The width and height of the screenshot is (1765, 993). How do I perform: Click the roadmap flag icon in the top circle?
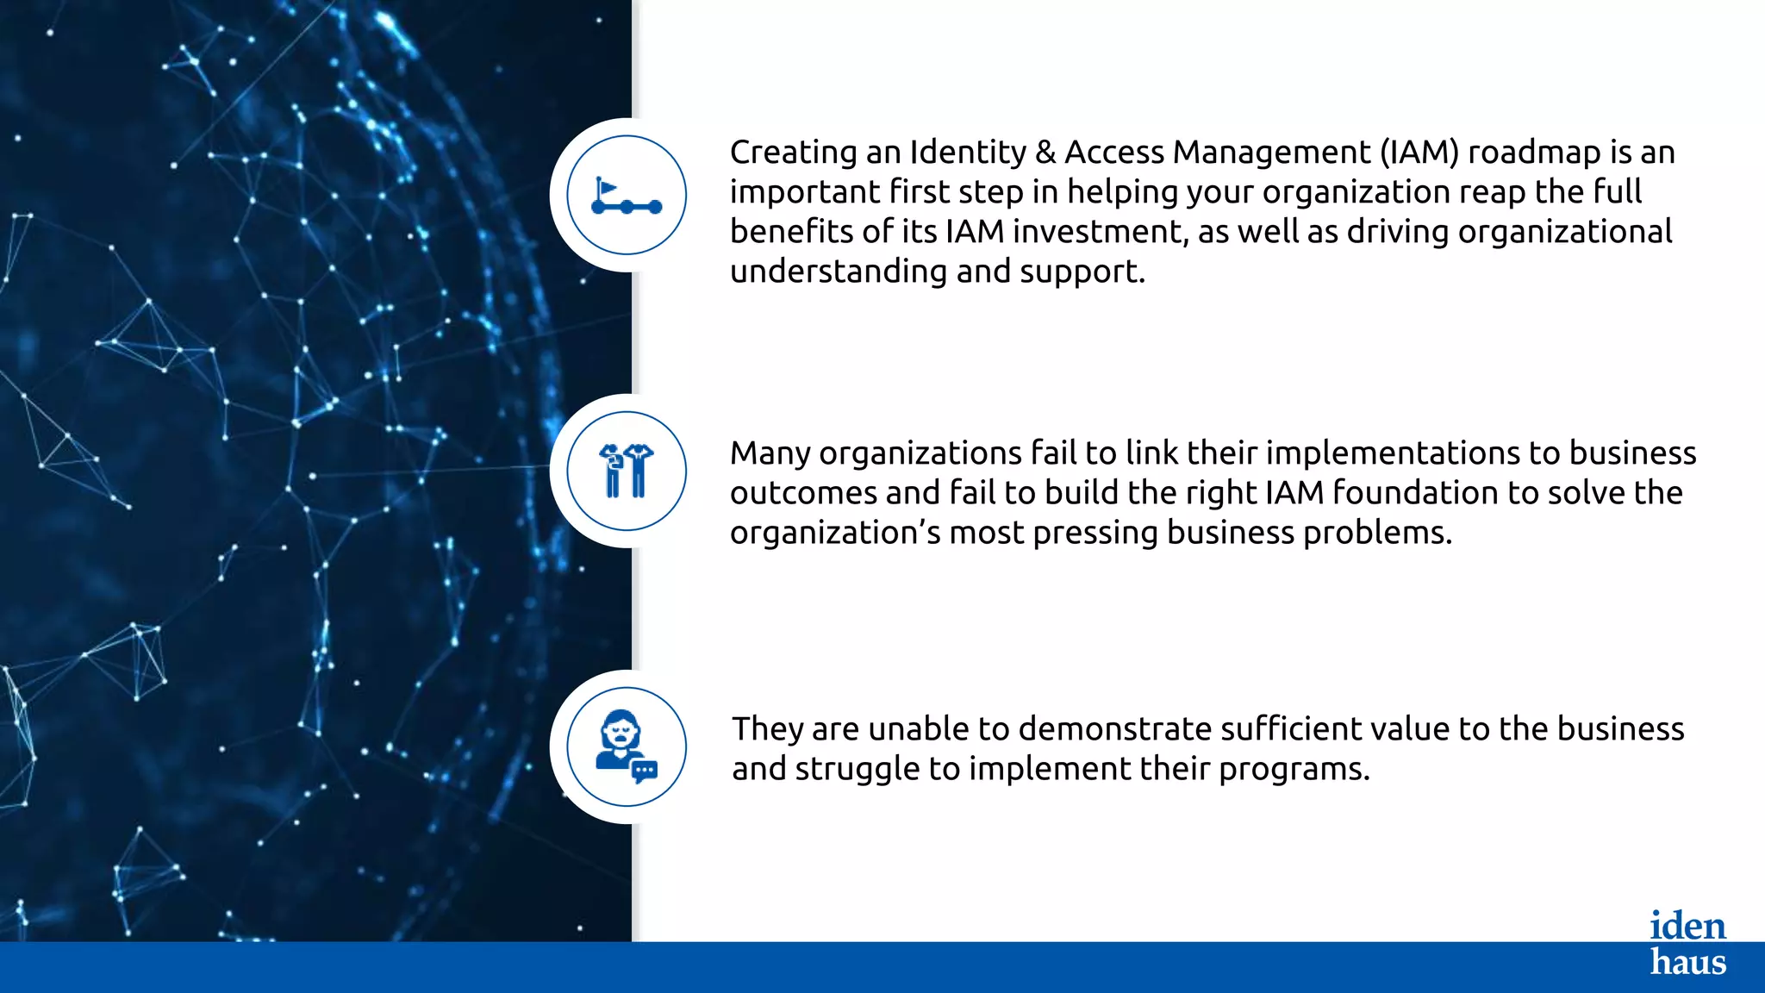(627, 196)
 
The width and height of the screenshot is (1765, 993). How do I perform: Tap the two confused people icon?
(627, 471)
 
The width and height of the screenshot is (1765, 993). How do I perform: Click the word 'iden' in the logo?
(1687, 926)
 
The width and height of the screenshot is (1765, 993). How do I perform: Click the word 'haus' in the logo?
(1687, 961)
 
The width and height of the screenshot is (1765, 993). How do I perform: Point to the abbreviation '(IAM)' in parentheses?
(1419, 153)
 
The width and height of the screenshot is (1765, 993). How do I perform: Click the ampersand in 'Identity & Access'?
(1045, 153)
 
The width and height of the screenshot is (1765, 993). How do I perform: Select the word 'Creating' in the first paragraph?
(793, 153)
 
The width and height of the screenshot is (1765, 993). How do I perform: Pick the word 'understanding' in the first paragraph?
(838, 272)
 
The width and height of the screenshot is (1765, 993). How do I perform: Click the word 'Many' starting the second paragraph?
(770, 453)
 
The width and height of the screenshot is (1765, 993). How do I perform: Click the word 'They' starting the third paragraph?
(767, 729)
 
